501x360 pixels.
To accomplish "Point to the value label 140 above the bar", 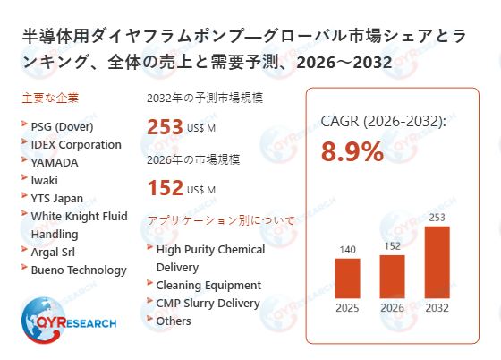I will [x=347, y=250].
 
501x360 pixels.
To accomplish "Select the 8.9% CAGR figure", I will [x=353, y=151].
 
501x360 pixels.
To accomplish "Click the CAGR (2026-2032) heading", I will [x=383, y=122].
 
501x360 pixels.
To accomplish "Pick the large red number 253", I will [x=165, y=127].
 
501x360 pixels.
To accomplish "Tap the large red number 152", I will [x=165, y=187].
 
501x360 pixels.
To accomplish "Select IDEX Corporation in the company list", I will [x=75, y=144].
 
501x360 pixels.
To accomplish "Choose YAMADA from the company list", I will [x=54, y=162].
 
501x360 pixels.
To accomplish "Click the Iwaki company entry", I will [x=44, y=180].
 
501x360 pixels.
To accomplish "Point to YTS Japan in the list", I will [x=56, y=198].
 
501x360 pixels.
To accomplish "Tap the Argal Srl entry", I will [x=57, y=252].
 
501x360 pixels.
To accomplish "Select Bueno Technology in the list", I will [x=78, y=270].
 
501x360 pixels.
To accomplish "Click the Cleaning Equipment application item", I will [x=208, y=285].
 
